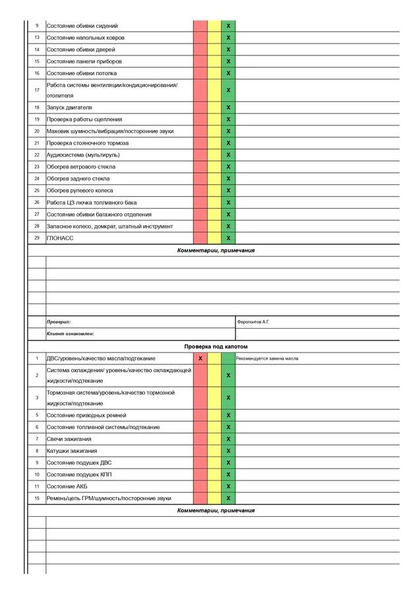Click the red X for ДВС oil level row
[x=200, y=358]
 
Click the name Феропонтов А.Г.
[x=253, y=322]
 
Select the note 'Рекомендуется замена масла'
[x=267, y=358]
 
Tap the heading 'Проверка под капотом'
[x=216, y=346]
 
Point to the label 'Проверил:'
[x=59, y=322]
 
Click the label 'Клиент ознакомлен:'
[x=71, y=334]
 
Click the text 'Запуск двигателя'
[x=69, y=108]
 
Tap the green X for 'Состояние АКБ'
[x=228, y=486]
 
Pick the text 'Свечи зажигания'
[x=69, y=439]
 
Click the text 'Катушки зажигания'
[x=71, y=451]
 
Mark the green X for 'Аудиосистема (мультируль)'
[x=228, y=155]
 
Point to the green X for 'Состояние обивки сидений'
[x=228, y=26]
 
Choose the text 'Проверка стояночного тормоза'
[x=88, y=143]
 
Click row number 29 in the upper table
[x=37, y=238]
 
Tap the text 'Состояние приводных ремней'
[x=86, y=415]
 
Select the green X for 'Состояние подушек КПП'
[x=228, y=475]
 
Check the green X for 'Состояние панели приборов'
[x=228, y=61]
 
